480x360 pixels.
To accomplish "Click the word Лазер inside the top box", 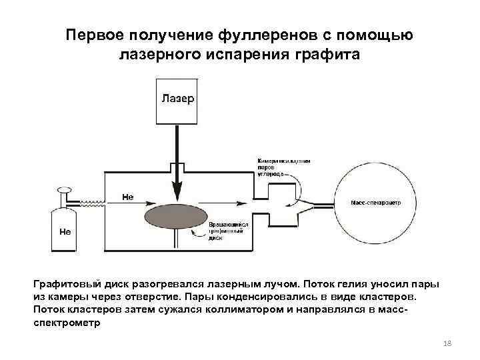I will tap(177, 99).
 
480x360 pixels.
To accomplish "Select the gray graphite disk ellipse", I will tap(175, 219).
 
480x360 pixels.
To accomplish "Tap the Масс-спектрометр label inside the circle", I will tap(375, 203).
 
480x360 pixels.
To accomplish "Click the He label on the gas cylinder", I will tap(65, 232).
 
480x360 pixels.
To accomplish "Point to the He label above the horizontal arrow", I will tap(128, 197).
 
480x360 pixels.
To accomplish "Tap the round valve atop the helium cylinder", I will tap(65, 190).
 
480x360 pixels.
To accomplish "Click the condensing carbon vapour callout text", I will tap(283, 167).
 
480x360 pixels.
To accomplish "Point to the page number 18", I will tap(447, 343).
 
